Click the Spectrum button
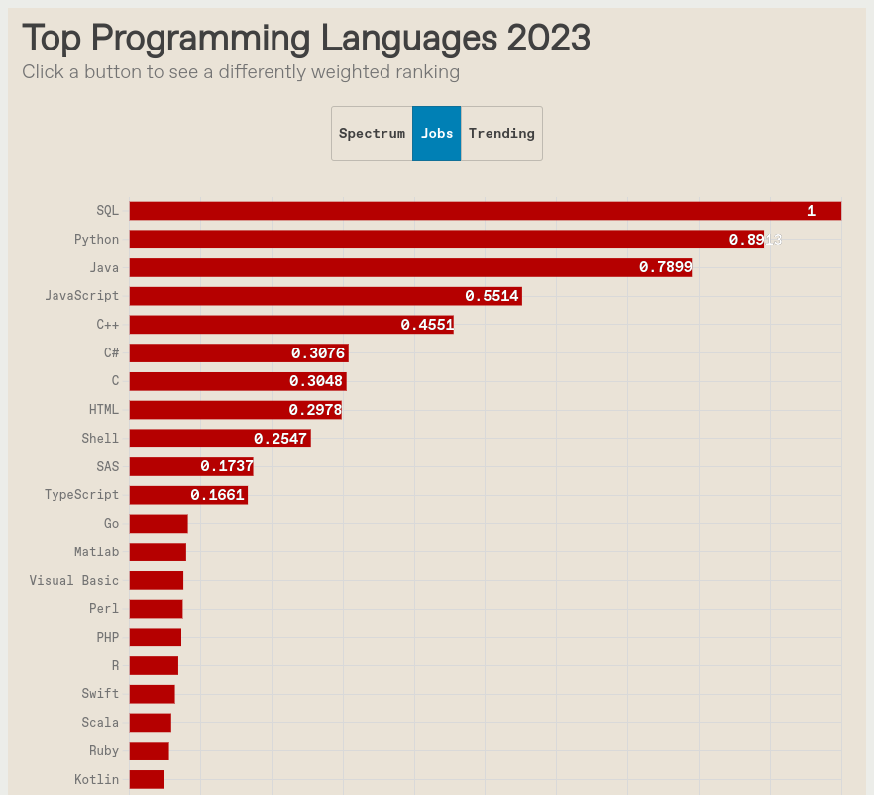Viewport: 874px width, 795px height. (372, 134)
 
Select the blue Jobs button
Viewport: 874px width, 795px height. (437, 134)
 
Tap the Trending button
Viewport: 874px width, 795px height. (501, 134)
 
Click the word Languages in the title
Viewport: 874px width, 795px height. (409, 39)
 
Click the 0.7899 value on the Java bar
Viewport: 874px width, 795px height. (666, 267)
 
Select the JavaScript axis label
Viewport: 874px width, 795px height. (81, 296)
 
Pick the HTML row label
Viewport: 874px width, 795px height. (103, 410)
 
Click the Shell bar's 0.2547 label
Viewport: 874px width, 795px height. (280, 439)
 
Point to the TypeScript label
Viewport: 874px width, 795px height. (81, 495)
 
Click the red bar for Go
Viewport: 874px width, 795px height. (159, 524)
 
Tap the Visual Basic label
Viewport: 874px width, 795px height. (73, 581)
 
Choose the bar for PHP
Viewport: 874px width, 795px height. (156, 638)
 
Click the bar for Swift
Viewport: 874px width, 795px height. (152, 694)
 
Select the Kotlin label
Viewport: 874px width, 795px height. (96, 780)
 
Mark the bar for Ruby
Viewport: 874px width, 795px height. (149, 751)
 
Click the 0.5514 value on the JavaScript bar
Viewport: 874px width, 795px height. (492, 296)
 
